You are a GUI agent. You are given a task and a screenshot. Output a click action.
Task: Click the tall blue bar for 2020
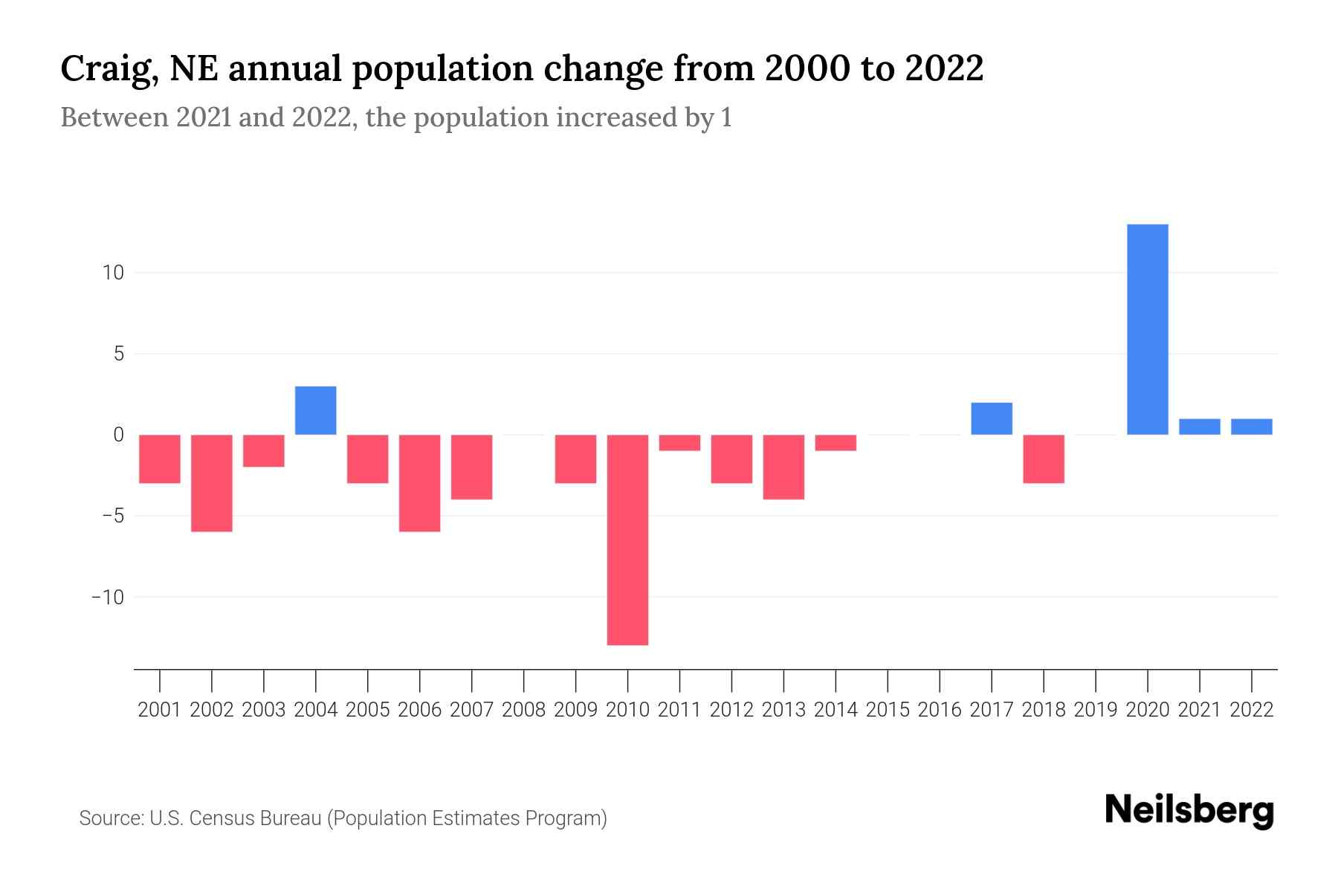click(x=1148, y=329)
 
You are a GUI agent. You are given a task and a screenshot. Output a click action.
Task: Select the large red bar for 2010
click(x=627, y=540)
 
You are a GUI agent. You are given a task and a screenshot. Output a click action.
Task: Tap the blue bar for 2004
click(x=316, y=410)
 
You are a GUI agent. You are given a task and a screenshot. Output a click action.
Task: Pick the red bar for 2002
click(x=212, y=483)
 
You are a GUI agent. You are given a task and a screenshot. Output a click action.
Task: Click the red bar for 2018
click(x=1044, y=459)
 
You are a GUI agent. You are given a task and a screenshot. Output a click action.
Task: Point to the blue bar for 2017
click(x=992, y=418)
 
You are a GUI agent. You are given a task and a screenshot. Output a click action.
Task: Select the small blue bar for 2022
click(x=1252, y=427)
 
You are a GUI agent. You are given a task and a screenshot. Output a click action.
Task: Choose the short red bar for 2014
click(x=836, y=443)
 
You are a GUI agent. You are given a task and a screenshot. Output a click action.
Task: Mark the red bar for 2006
click(x=420, y=483)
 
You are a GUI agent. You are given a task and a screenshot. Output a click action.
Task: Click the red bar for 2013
click(x=783, y=467)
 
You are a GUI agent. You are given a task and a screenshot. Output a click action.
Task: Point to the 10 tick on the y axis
click(x=113, y=273)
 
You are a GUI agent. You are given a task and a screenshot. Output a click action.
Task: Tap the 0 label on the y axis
click(x=118, y=435)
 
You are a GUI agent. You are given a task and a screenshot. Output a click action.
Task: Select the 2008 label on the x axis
click(x=524, y=710)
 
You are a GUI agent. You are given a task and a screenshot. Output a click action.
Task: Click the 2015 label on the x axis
click(x=888, y=710)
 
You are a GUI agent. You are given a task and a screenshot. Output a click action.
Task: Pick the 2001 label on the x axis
click(x=160, y=710)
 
